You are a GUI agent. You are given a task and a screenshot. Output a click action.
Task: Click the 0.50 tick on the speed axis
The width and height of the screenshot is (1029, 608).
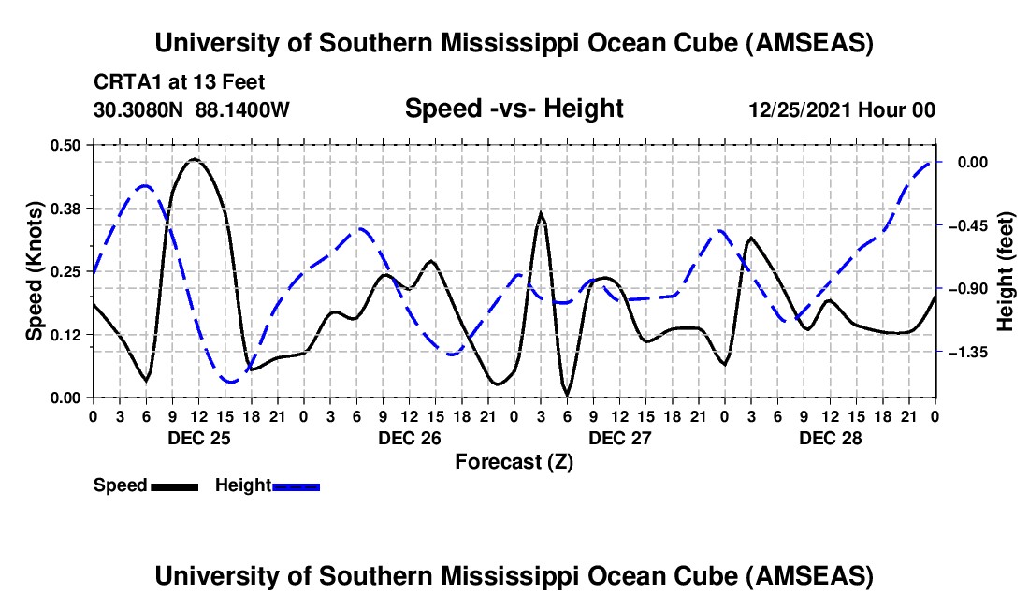click(66, 144)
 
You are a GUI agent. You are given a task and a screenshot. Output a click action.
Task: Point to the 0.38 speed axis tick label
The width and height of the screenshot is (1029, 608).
click(66, 208)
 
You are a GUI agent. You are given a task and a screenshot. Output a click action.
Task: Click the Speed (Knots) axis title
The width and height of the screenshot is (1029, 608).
click(34, 270)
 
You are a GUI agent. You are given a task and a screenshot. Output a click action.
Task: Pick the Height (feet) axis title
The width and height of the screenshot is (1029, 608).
click(1006, 270)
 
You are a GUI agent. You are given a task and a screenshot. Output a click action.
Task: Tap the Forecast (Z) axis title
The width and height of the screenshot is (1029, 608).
click(514, 461)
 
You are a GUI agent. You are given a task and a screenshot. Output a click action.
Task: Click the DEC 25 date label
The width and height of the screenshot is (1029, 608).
click(198, 438)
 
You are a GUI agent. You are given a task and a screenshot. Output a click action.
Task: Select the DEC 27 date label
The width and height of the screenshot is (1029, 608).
click(619, 438)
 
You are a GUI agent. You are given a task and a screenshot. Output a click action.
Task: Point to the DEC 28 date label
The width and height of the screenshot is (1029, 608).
click(830, 438)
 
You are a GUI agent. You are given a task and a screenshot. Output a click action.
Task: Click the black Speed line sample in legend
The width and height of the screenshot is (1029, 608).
click(173, 485)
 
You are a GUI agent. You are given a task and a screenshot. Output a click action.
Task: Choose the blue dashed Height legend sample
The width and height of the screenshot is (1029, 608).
click(296, 485)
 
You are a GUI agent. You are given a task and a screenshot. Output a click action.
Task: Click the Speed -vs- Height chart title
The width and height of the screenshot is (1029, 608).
click(514, 109)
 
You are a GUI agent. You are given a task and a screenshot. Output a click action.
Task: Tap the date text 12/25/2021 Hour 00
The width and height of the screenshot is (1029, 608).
click(842, 109)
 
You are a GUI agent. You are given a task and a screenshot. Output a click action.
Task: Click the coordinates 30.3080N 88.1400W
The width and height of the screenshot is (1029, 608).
click(192, 109)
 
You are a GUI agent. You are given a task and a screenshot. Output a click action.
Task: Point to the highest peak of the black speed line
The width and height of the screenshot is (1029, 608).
click(194, 159)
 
